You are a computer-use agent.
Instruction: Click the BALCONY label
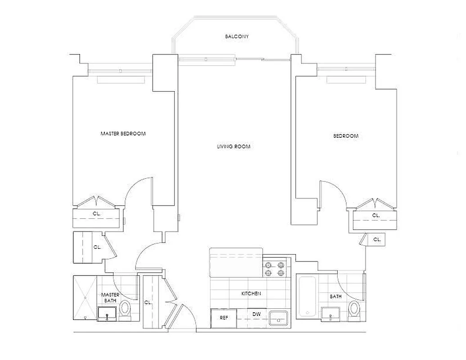(x=237, y=36)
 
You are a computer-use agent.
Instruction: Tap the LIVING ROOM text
(x=233, y=147)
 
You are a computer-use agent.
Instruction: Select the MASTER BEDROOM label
(x=123, y=134)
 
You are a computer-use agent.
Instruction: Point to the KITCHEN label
(x=251, y=293)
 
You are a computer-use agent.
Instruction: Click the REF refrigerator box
(x=223, y=317)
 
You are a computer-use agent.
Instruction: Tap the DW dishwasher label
(x=257, y=314)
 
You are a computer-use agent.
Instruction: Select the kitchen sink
(x=281, y=319)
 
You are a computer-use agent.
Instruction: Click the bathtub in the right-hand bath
(x=308, y=296)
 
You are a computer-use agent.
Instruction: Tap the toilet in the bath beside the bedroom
(x=355, y=310)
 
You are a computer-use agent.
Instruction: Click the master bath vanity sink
(x=107, y=313)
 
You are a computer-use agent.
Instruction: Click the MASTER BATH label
(x=110, y=297)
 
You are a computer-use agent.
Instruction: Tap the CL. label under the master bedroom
(x=96, y=214)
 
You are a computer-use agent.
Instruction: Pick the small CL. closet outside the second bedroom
(x=377, y=240)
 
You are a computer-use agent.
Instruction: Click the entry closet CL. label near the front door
(x=147, y=302)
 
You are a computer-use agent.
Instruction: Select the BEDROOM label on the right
(x=345, y=136)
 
